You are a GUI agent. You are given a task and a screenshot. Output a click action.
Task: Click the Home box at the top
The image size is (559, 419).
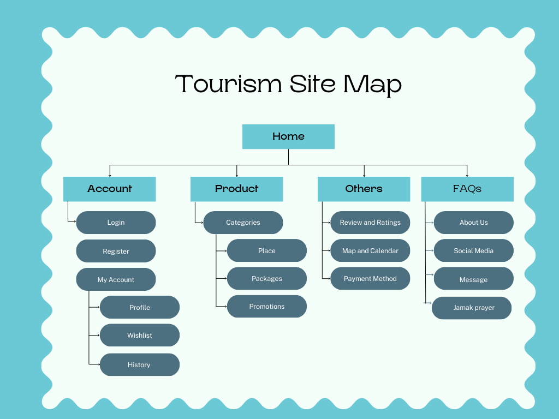(288, 136)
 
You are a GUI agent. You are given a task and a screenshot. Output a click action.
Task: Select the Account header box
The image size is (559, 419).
(110, 189)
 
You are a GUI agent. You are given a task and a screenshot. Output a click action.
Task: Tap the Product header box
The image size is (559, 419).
(236, 189)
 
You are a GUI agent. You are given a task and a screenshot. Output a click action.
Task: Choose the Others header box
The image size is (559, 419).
(364, 189)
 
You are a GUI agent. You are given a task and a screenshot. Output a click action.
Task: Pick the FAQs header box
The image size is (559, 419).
(467, 189)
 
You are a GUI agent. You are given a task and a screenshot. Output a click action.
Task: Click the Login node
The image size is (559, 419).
(116, 223)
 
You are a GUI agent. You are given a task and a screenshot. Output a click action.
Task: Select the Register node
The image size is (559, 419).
(116, 252)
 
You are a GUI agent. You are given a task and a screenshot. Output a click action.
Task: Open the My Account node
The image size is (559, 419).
(116, 280)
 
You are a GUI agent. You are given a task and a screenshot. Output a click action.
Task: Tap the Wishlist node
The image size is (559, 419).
(140, 336)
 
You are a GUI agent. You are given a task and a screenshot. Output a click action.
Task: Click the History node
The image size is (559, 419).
(139, 365)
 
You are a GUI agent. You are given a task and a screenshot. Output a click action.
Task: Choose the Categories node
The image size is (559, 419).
(243, 223)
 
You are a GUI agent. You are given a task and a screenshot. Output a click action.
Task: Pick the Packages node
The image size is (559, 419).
(267, 279)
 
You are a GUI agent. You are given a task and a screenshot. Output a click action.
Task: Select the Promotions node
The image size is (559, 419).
(267, 307)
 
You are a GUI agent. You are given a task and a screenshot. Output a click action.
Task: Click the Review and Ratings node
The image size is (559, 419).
(370, 223)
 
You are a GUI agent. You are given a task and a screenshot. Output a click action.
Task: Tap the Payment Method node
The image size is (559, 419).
(370, 279)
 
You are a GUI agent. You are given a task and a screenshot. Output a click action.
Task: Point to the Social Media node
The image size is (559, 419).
(473, 251)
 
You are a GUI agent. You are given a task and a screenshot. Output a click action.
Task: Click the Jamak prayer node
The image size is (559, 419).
(472, 308)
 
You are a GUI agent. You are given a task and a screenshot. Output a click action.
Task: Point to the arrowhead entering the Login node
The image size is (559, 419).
(74, 221)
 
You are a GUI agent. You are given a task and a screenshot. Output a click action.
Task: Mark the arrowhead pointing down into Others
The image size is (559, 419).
(364, 175)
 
